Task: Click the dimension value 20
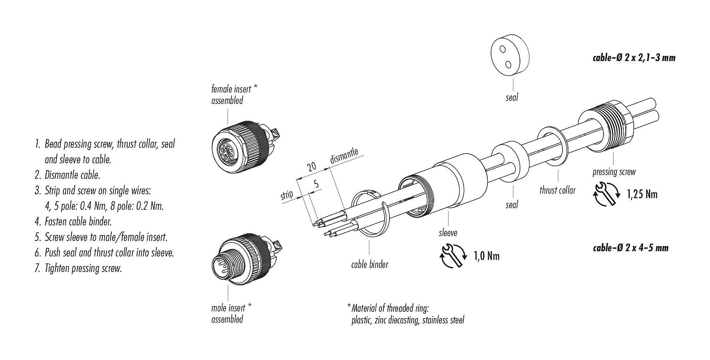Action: pos(312,166)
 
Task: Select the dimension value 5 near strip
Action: pos(315,184)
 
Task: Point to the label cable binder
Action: pos(369,265)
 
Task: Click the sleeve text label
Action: pos(448,233)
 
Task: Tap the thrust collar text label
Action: pos(557,191)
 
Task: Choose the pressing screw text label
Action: pos(614,172)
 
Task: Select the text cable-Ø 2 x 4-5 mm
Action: pos(630,248)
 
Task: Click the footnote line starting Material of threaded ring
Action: pos(390,308)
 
